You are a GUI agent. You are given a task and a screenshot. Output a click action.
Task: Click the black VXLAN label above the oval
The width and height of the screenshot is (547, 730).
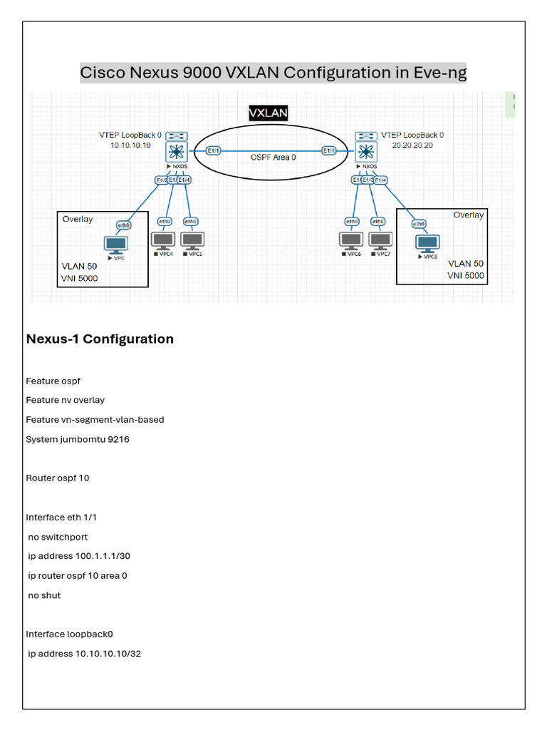(x=269, y=113)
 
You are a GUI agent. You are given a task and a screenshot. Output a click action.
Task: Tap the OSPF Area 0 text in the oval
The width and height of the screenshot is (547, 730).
(x=273, y=157)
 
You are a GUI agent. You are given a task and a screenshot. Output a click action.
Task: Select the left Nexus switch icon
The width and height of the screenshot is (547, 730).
(x=175, y=151)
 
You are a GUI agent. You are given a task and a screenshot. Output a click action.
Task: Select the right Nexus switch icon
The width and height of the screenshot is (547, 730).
(x=367, y=151)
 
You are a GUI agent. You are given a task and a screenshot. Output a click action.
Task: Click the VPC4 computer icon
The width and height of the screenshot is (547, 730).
(x=164, y=240)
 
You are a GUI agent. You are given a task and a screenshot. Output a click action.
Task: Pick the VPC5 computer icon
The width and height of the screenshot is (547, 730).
(x=192, y=240)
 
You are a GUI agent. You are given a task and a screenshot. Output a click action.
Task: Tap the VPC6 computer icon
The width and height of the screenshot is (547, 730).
(x=351, y=240)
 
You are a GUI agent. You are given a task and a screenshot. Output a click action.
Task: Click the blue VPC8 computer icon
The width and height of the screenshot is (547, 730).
(x=428, y=243)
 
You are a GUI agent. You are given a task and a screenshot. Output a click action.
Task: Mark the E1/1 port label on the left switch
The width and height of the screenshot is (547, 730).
(x=213, y=150)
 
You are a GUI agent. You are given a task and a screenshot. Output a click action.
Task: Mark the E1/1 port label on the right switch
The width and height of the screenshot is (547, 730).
(x=329, y=150)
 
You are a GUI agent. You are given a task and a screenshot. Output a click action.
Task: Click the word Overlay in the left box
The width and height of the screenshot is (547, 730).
(x=78, y=219)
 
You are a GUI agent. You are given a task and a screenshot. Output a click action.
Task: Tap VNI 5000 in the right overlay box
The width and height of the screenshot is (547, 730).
(x=466, y=275)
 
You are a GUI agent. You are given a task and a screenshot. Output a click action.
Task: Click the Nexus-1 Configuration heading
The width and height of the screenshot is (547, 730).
(x=100, y=339)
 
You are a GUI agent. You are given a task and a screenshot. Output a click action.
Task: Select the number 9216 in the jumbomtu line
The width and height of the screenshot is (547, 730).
(x=118, y=439)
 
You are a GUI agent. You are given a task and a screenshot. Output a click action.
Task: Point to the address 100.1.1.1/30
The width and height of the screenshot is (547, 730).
(x=100, y=556)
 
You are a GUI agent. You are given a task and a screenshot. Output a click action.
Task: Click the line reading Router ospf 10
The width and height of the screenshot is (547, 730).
(x=58, y=478)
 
